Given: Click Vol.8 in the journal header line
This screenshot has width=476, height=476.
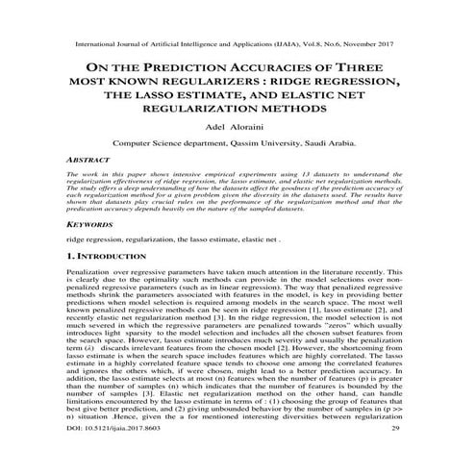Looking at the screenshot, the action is [x=308, y=44].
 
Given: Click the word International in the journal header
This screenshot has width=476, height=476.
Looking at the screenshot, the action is [x=88, y=44].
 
